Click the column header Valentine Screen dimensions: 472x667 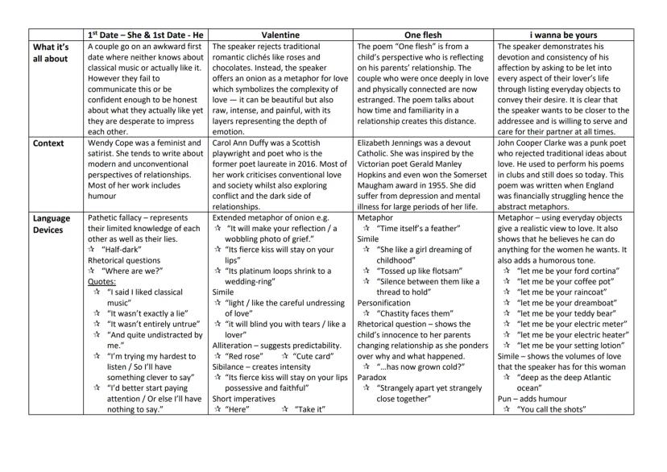click(280, 35)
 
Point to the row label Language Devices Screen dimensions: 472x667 click(50, 224)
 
